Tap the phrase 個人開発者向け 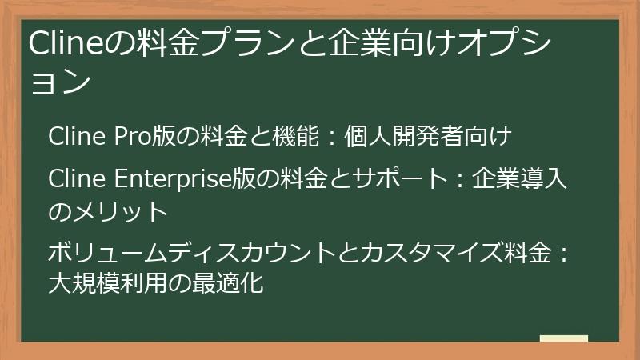pyautogui.click(x=427, y=137)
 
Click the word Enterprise pyautogui.click(x=172, y=180)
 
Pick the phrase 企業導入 pyautogui.click(x=520, y=180)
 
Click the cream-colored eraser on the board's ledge pyautogui.click(x=564, y=338)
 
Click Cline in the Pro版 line pyautogui.click(x=74, y=137)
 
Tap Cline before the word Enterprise pyautogui.click(x=74, y=180)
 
